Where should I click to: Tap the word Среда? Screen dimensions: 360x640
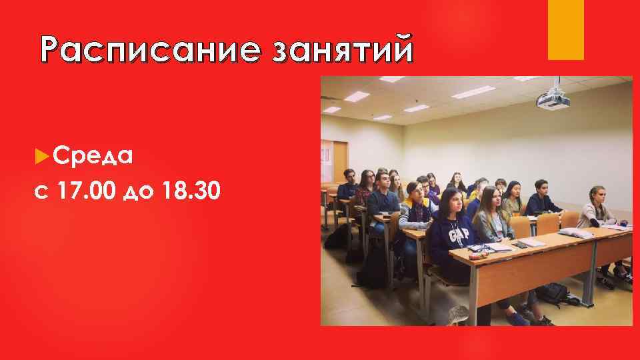point(93,156)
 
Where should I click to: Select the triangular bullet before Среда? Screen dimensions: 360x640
point(41,156)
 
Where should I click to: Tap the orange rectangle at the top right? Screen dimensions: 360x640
point(565,29)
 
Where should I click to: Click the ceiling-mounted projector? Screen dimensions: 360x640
point(553,99)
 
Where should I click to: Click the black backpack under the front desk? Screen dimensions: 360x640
point(553,294)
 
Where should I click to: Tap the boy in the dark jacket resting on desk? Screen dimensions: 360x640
point(543,197)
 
